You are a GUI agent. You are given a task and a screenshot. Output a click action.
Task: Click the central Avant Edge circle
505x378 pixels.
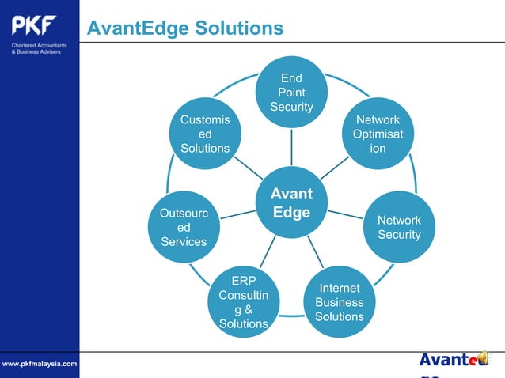pos(291,203)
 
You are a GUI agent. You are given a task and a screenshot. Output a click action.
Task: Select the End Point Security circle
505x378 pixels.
pos(291,93)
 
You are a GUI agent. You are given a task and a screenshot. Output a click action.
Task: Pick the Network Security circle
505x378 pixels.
pos(399,227)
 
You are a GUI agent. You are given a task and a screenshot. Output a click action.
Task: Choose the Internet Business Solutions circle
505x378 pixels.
pos(339,302)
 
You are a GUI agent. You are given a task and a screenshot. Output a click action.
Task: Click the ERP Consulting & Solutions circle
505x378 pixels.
pos(243,302)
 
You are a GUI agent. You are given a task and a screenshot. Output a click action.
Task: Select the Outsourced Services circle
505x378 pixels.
pos(184,227)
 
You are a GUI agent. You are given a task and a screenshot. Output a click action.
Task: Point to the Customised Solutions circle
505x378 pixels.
pos(205,134)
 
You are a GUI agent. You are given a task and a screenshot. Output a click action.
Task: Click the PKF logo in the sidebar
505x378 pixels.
pos(34,26)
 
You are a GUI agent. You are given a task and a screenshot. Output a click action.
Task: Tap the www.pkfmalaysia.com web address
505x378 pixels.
pos(40,363)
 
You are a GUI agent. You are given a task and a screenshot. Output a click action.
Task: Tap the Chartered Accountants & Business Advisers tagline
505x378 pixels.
pos(39,49)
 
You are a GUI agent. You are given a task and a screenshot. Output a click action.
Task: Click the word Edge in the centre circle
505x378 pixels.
pos(291,213)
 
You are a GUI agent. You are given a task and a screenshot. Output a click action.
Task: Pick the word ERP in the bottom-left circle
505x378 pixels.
pos(243,281)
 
